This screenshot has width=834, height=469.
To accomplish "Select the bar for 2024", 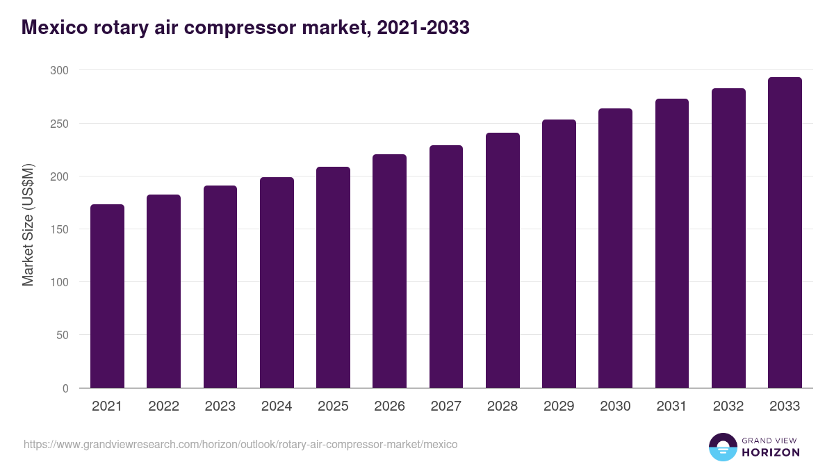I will coord(277,283).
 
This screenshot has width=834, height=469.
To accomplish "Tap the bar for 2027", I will coord(446,267).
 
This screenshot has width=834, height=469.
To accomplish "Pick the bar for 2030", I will coord(615,248).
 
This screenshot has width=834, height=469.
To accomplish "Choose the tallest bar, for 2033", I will coord(785,233).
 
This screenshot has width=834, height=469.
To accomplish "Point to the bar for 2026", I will coord(389,271).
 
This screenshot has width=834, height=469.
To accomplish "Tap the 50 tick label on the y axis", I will coord(62,335).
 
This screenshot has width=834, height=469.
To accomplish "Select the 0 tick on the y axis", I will coord(65,388).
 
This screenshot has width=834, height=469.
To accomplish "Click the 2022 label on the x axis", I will coord(163,406).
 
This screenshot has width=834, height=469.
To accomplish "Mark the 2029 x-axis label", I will coord(559,406).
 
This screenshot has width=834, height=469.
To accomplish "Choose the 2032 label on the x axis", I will coord(728,406).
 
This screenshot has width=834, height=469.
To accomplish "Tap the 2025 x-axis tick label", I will coord(333,406).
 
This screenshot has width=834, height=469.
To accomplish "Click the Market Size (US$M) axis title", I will coord(28,224).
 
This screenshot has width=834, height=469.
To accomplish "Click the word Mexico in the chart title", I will coord(55,28).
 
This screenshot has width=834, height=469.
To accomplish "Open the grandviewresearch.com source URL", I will coord(240,444).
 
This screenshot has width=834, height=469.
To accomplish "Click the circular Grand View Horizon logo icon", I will coord(722,447).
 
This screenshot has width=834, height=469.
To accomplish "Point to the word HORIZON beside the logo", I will coord(771,452).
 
